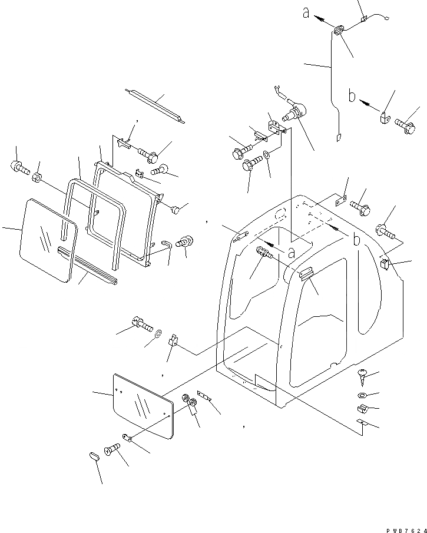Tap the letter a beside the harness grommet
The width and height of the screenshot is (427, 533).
[x=306, y=12]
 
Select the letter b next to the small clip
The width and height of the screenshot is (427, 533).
[x=352, y=95]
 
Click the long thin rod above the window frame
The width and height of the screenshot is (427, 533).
[x=155, y=106]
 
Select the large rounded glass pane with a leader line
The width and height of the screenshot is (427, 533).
[x=48, y=239]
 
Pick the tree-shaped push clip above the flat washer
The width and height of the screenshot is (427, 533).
[x=362, y=374]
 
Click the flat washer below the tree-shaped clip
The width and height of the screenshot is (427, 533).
[x=361, y=395]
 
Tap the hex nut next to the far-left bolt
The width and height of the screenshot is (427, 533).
[x=37, y=176]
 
